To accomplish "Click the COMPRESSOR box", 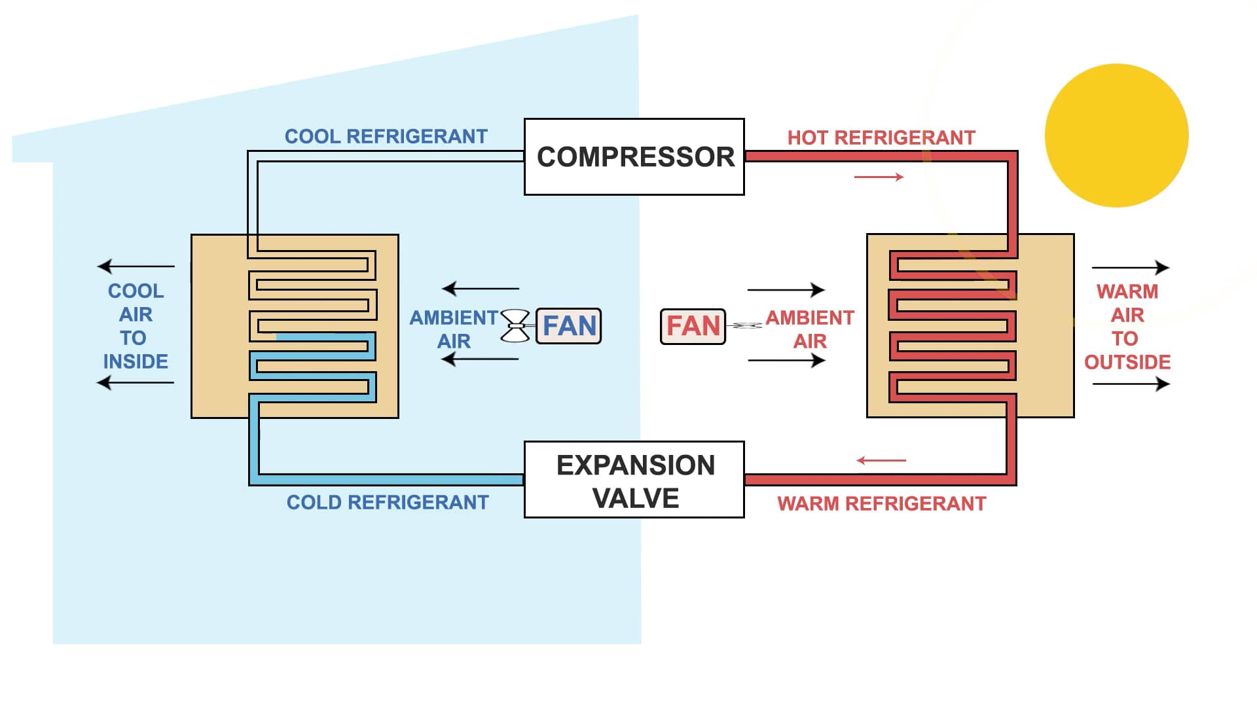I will pyautogui.click(x=634, y=157).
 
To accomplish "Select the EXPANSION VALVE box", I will pyautogui.click(x=634, y=480).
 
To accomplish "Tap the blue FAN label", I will pyautogui.click(x=568, y=326).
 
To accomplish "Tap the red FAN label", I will pyautogui.click(x=693, y=326).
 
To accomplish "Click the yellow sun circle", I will pyautogui.click(x=1116, y=136).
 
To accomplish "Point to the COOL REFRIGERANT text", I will pyautogui.click(x=386, y=137).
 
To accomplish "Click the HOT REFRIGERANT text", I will pyautogui.click(x=881, y=138).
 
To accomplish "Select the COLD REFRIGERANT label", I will pyautogui.click(x=388, y=503).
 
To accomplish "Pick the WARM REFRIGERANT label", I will pyautogui.click(x=881, y=504).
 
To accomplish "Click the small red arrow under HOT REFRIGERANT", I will pyautogui.click(x=879, y=177).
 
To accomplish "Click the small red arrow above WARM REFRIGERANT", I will pyautogui.click(x=881, y=461).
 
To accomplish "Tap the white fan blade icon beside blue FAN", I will pyautogui.click(x=515, y=326).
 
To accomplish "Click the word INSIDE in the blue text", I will pyautogui.click(x=136, y=362).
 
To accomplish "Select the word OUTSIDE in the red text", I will pyautogui.click(x=1127, y=363).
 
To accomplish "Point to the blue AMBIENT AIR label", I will pyautogui.click(x=453, y=329).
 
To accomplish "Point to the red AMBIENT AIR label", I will pyautogui.click(x=810, y=329).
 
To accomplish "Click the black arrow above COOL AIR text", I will pyautogui.click(x=136, y=266).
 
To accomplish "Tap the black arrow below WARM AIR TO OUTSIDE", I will pyautogui.click(x=1131, y=384).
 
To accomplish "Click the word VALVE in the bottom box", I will pyautogui.click(x=636, y=499).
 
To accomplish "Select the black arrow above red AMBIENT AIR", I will pyautogui.click(x=786, y=289).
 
